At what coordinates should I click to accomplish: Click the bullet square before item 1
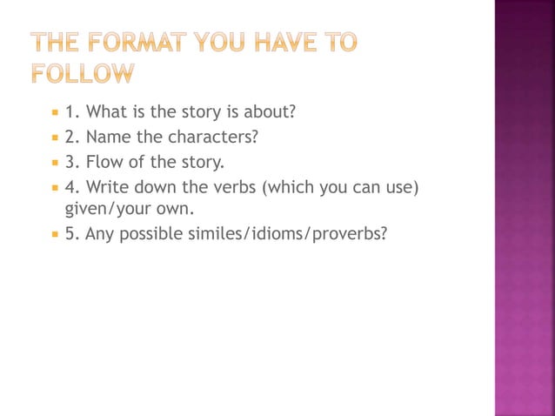54,112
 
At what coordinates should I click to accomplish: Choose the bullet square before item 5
54,234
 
